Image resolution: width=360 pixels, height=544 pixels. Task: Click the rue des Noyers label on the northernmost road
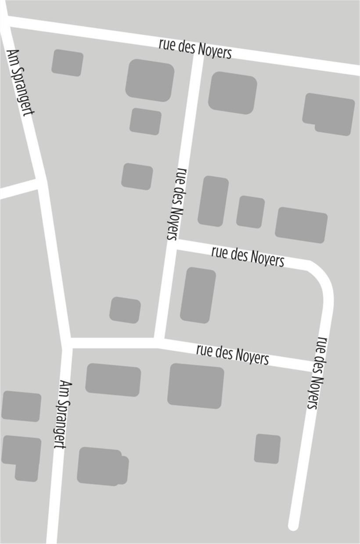tap(195, 49)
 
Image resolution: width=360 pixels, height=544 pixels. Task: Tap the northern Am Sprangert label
tap(21, 82)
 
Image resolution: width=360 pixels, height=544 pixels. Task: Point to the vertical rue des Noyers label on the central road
tap(177, 203)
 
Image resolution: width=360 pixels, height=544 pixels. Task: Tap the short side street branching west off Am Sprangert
tap(18, 189)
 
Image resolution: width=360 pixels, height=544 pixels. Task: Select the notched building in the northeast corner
tap(329, 114)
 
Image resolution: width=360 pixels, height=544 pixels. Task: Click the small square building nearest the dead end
tap(267, 449)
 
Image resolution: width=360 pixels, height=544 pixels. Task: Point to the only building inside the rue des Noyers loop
tap(198, 295)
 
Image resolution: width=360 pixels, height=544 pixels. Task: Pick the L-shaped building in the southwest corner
tap(22, 456)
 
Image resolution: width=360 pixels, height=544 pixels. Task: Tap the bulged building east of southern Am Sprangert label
tap(102, 466)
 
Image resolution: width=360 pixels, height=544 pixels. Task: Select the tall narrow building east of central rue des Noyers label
tap(213, 201)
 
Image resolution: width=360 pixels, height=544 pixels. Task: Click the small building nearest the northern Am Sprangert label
tap(67, 63)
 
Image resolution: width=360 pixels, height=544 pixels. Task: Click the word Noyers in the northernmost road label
tap(214, 51)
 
